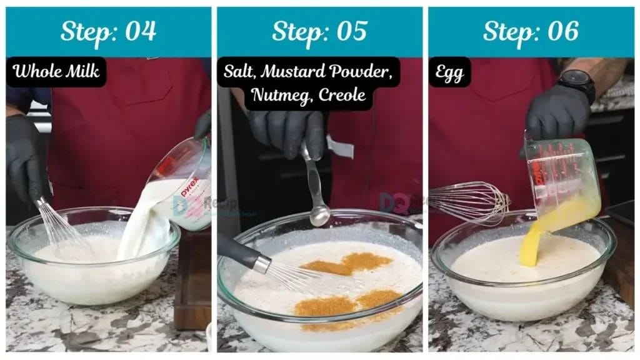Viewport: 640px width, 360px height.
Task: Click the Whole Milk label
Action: [56, 71]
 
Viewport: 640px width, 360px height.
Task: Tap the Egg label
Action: [449, 72]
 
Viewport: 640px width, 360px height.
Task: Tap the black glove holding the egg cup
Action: [556, 116]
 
